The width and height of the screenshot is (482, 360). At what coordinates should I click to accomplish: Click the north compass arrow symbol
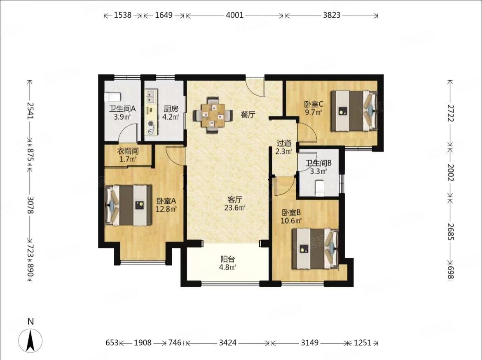pos(30,340)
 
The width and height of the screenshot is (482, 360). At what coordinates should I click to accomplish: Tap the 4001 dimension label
pos(234,15)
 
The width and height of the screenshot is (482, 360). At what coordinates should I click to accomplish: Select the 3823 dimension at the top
pos(332,15)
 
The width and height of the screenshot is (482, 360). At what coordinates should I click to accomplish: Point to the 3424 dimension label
pos(228,342)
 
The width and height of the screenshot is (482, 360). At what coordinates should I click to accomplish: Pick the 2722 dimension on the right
pos(450,113)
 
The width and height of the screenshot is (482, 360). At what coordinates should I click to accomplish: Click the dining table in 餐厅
pos(212,115)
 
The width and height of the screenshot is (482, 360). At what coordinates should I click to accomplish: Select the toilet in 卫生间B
pos(320,188)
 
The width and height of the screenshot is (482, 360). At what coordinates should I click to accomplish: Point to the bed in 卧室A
pos(128,205)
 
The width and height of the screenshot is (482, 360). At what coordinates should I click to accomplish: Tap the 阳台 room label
pos(227,259)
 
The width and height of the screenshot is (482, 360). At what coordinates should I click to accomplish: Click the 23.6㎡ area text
pos(234,208)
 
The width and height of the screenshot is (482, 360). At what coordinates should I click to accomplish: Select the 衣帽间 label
pos(128,151)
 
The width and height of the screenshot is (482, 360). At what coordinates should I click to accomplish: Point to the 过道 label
pos(284,143)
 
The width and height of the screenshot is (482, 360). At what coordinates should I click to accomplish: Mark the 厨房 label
pos(171,109)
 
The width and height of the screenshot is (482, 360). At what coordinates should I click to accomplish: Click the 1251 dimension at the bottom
pos(363,342)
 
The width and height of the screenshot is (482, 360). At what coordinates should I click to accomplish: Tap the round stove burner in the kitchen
pos(151,124)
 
